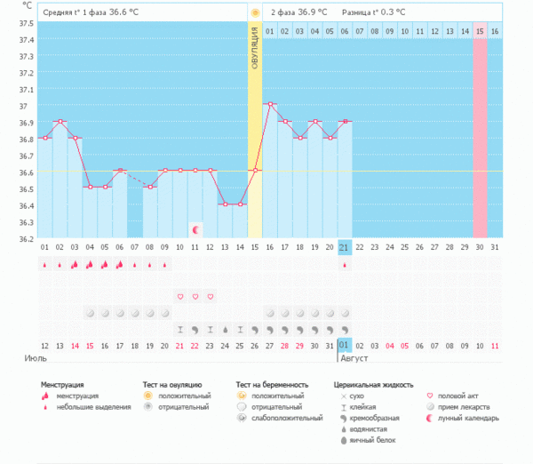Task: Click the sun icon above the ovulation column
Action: [x=255, y=13]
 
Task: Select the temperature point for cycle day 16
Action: [x=270, y=104]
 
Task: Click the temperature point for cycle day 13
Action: [x=225, y=204]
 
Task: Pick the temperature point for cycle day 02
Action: [x=60, y=121]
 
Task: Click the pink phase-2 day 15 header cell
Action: [x=480, y=32]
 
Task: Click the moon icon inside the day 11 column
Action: [x=195, y=229]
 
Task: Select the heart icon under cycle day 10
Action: [x=179, y=296]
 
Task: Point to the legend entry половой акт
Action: [x=460, y=396]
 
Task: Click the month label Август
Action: [x=354, y=358]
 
